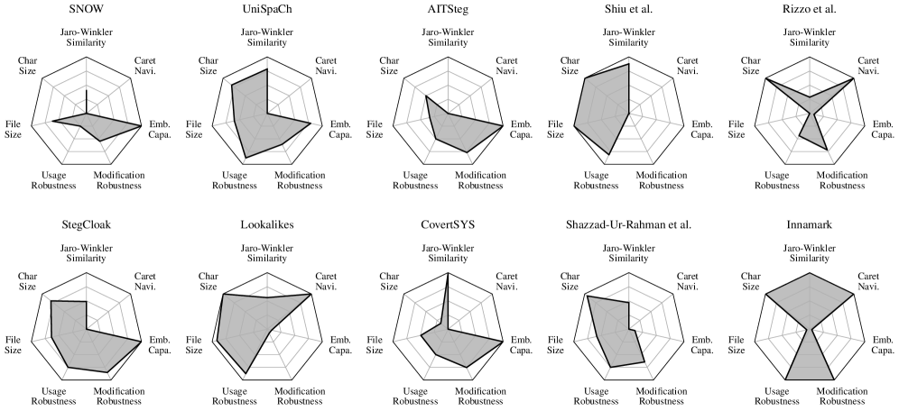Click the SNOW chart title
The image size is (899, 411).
point(86,10)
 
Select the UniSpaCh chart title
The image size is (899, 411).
point(266,10)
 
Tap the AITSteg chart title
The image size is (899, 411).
point(448,10)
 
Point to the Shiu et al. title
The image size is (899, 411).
point(628,10)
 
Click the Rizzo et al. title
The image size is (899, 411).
point(809,10)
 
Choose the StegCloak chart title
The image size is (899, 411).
point(86,223)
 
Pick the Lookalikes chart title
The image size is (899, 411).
point(266,223)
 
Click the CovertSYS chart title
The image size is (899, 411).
point(448,223)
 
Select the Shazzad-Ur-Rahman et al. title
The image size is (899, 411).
point(628,223)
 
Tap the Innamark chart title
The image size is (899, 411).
point(809,223)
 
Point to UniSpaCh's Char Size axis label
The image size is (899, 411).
point(208,68)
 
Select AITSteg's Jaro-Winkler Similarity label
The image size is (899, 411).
point(448,39)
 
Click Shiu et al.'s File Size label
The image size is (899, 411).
point(555,129)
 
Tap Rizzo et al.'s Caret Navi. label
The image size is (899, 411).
point(867,68)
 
